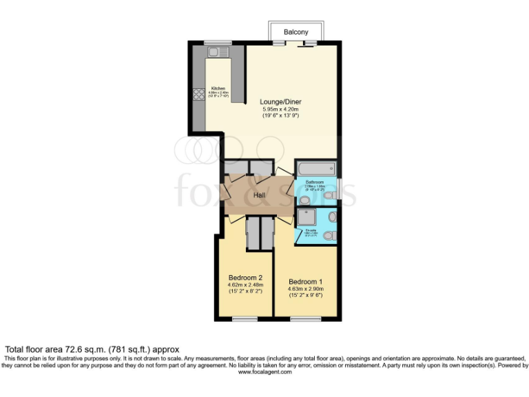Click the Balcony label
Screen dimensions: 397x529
(295, 32)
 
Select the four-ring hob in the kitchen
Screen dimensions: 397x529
(198, 94)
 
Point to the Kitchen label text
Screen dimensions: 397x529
(218, 88)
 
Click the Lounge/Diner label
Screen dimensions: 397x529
(282, 102)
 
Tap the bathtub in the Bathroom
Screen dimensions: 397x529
(316, 169)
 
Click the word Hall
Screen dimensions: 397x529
(259, 196)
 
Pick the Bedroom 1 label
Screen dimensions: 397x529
(305, 281)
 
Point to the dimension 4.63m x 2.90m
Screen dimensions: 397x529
(305, 289)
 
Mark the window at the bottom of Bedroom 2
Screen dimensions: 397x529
(244, 318)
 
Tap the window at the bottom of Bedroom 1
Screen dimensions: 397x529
(305, 318)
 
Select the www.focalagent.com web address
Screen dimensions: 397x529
(264, 372)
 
